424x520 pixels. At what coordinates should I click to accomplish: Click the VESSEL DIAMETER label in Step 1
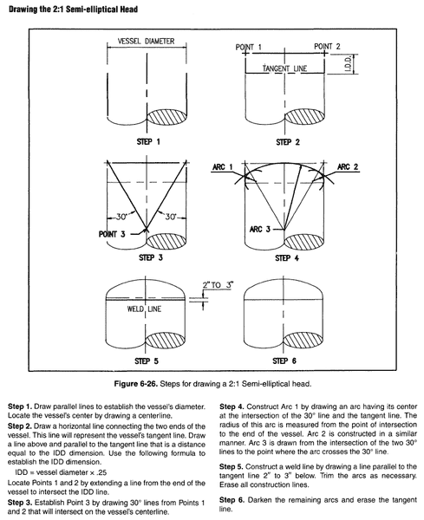[x=146, y=41]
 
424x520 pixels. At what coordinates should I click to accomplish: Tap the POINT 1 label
[x=249, y=47]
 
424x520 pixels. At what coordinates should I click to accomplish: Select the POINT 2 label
[x=327, y=46]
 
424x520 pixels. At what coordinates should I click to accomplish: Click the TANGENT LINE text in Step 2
[x=284, y=68]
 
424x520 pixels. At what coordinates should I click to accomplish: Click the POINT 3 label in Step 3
[x=112, y=234]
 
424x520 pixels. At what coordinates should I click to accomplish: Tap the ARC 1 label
[x=223, y=166]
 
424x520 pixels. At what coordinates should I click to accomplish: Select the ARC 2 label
[x=348, y=166]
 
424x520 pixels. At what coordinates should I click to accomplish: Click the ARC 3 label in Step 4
[x=260, y=229]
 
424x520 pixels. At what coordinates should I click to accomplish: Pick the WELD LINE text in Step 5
[x=144, y=309]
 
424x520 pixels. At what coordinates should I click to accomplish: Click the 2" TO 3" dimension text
[x=218, y=285]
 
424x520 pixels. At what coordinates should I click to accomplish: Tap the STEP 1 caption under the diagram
[x=148, y=141]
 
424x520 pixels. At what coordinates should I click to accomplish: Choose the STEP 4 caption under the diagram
[x=287, y=257]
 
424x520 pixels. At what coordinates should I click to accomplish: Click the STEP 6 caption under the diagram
[x=284, y=361]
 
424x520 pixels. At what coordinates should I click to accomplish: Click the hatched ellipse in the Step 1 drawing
[x=166, y=117]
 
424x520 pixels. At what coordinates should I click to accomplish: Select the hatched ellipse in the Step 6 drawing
[x=303, y=341]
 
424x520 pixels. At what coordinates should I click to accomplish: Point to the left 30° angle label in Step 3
[x=121, y=217]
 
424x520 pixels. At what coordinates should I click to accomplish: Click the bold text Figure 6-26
[x=136, y=384]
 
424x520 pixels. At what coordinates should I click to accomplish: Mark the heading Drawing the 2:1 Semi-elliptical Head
[x=74, y=10]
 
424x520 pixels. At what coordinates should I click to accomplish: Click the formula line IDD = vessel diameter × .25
[x=61, y=472]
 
